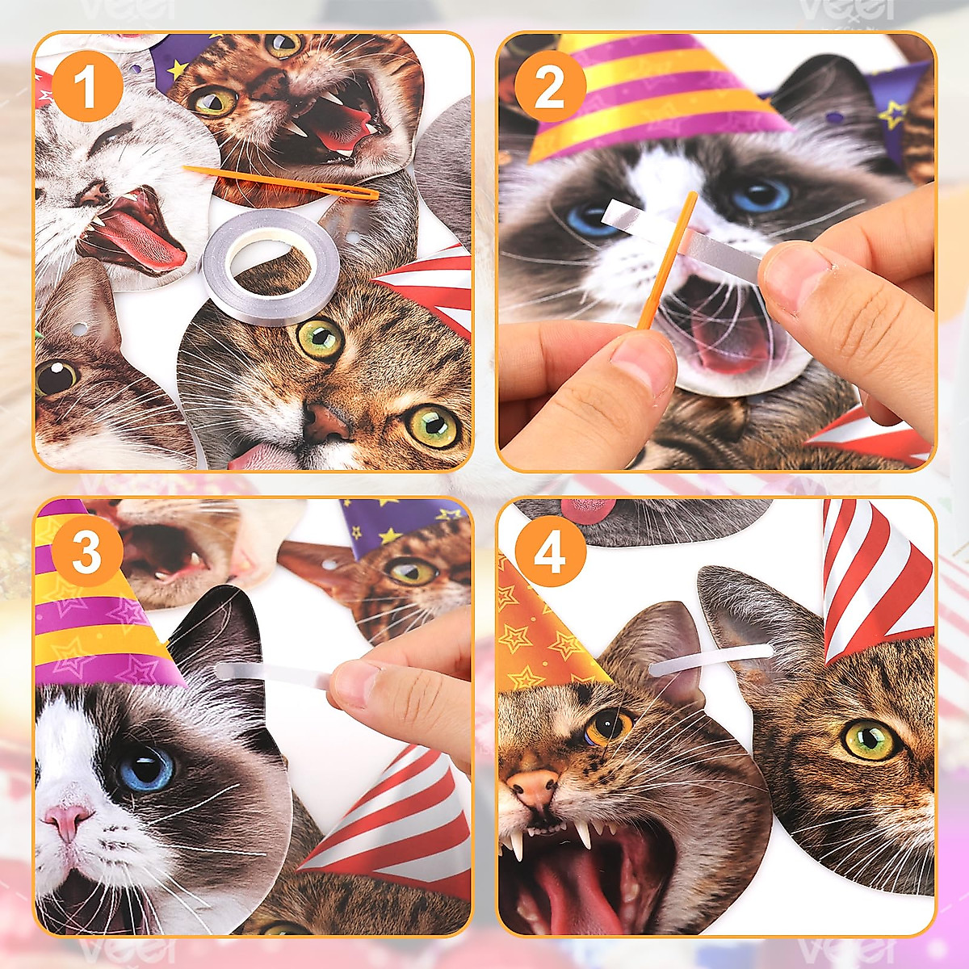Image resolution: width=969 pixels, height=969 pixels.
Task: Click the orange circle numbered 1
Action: [x=86, y=87]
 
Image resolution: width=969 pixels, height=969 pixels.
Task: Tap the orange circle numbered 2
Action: [x=549, y=87]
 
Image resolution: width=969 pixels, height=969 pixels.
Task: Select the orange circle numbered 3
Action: [x=86, y=552]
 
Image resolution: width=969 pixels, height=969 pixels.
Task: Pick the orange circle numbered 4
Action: [x=549, y=552]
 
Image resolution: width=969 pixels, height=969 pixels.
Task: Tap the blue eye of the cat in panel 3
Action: [x=145, y=768]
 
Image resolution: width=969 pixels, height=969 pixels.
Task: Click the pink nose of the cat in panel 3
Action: [x=68, y=819]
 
